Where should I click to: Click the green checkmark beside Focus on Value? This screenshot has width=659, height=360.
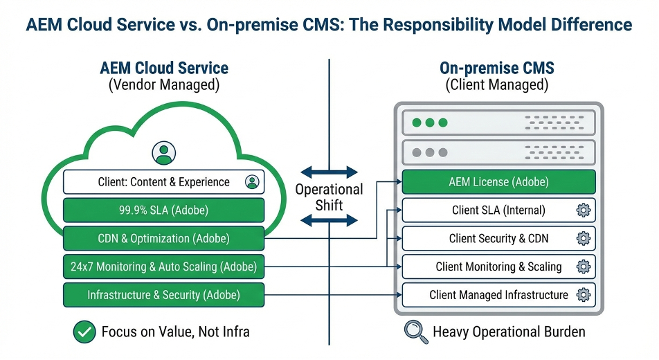tap(84, 332)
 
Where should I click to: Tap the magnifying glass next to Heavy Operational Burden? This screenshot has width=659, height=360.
tap(415, 332)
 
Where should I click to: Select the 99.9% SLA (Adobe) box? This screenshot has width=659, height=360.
tap(163, 210)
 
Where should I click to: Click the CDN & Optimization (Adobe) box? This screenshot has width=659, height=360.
tap(163, 238)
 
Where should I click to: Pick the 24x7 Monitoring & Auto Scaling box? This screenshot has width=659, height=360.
tap(163, 267)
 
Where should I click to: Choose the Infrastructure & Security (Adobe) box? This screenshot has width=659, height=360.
tap(163, 295)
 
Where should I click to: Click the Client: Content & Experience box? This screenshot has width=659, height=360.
tap(163, 182)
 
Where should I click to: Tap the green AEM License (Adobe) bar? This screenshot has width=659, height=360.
tap(498, 182)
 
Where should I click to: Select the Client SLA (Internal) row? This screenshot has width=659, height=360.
tap(498, 210)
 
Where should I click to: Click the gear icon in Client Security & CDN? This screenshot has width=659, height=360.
tap(584, 239)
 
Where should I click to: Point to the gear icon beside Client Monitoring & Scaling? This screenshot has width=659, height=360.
tap(584, 267)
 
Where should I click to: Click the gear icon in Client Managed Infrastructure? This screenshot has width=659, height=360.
tap(584, 295)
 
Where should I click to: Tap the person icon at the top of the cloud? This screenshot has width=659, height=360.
tap(164, 153)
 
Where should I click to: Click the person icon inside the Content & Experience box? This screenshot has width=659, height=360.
tap(251, 182)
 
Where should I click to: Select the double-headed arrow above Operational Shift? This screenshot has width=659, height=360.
tap(329, 172)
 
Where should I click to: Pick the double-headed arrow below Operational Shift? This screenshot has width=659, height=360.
tap(329, 221)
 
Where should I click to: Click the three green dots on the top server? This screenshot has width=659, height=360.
tap(429, 123)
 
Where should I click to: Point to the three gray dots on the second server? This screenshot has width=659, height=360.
tap(429, 152)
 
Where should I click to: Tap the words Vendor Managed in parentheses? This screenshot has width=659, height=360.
tap(164, 85)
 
